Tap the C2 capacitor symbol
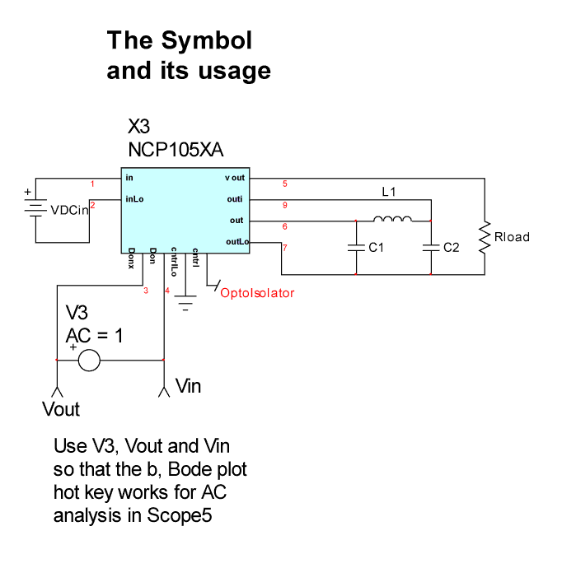pyautogui.click(x=431, y=246)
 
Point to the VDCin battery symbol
pyautogui.click(x=35, y=209)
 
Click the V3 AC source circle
pyautogui.click(x=88, y=360)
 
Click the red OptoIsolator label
pyautogui.click(x=256, y=292)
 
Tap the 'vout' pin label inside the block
pyautogui.click(x=235, y=178)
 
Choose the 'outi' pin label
pyautogui.click(x=237, y=199)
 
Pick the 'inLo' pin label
pyautogui.click(x=134, y=199)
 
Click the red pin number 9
pyautogui.click(x=284, y=205)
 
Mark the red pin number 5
pyautogui.click(x=284, y=184)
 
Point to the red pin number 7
pyautogui.click(x=284, y=247)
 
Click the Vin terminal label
pyautogui.click(x=188, y=385)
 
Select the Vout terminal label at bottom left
pyautogui.click(x=60, y=409)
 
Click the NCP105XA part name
pyautogui.click(x=176, y=151)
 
